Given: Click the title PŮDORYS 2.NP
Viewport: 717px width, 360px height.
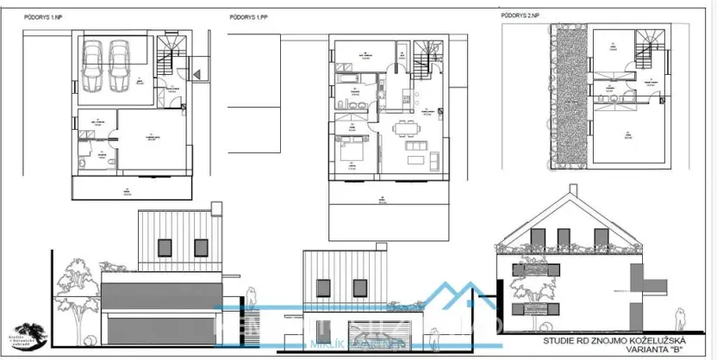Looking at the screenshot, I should click(x=520, y=15).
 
